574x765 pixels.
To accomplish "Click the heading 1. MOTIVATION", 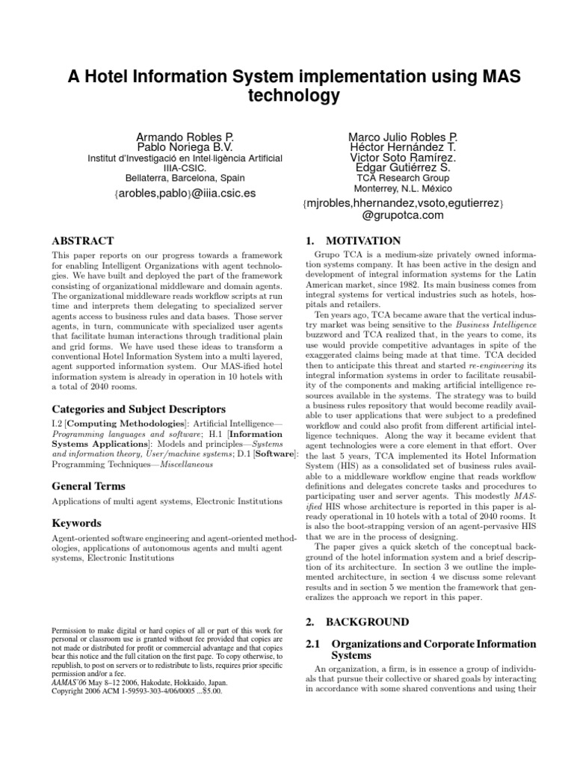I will point(354,241).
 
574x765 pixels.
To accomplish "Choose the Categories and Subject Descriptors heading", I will point(127,409).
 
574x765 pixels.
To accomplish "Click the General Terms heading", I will point(88,487).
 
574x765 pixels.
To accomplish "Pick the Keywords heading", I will point(76,523).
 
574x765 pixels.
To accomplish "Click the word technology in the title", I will point(287,96).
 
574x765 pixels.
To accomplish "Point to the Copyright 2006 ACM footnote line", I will point(138,691).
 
